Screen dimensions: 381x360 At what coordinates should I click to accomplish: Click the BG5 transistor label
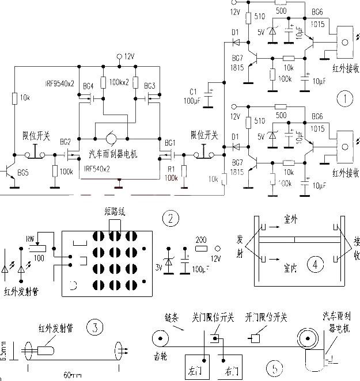click(x=24, y=172)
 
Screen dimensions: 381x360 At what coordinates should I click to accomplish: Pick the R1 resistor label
click(x=170, y=169)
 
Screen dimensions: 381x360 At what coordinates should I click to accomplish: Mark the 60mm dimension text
click(x=71, y=375)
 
